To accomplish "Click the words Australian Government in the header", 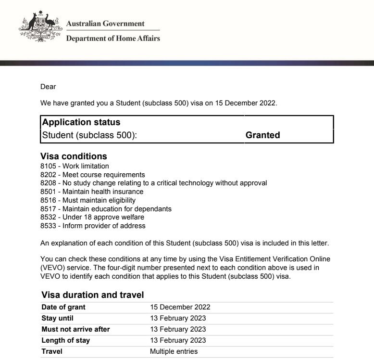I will (x=105, y=24).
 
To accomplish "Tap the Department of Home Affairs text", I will (x=113, y=39).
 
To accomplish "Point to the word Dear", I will (x=48, y=87).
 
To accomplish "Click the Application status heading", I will (x=81, y=122).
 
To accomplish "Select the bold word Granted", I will (x=262, y=135).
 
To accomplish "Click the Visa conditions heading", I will (x=74, y=156).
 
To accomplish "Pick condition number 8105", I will (x=48, y=166).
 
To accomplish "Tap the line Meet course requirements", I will (x=103, y=175).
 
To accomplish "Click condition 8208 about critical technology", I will (x=153, y=183).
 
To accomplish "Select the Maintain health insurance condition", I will (x=103, y=192).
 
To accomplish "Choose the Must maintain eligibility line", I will (x=99, y=200).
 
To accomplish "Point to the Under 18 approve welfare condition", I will (x=103, y=217).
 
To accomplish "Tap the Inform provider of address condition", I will (x=104, y=226).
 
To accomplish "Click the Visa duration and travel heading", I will (x=93, y=295).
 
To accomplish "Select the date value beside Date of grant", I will (x=180, y=307).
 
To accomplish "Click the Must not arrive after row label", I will (x=76, y=329).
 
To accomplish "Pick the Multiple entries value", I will (x=174, y=351).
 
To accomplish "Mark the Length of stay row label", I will (x=66, y=340).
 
